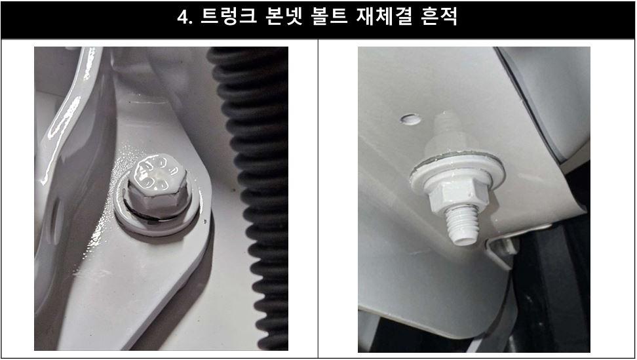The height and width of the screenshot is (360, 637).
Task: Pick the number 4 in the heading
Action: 183,18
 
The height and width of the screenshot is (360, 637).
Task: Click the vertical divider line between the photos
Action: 318,197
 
